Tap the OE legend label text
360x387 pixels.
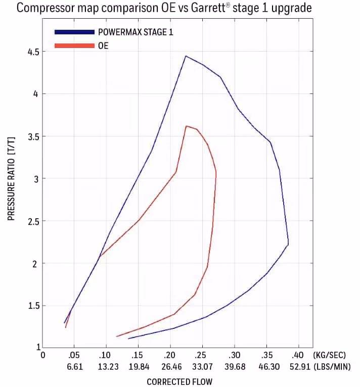pos(103,45)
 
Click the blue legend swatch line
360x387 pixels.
pos(74,32)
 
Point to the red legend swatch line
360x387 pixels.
pos(74,45)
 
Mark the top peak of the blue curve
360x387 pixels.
pos(186,56)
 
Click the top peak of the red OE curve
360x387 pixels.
pos(186,126)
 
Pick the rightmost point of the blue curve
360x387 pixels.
pos(288,244)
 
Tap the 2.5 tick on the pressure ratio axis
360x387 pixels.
pos(33,221)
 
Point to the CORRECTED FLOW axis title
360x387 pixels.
pos(179,381)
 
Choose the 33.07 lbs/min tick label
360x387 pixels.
pos(202,367)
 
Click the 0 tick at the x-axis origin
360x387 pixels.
pos(43,356)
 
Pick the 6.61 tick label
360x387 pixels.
pos(74,367)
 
